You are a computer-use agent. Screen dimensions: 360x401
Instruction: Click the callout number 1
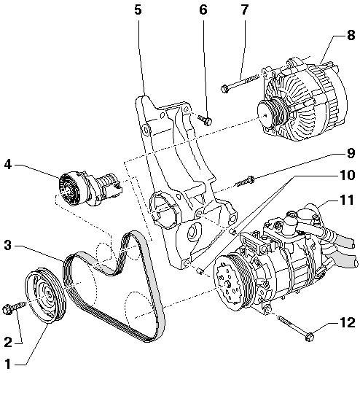tap(8, 364)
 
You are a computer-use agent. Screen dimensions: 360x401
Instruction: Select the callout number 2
tap(8, 342)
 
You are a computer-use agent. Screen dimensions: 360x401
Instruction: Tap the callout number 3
tap(8, 246)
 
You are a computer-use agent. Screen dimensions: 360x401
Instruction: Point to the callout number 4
tap(8, 165)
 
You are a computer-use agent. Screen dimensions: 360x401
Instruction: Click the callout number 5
tap(138, 9)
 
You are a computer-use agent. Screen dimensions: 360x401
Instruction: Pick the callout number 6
tap(203, 9)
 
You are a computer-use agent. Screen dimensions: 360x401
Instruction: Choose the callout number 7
tap(245, 9)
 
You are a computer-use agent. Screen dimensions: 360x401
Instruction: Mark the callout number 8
tap(351, 35)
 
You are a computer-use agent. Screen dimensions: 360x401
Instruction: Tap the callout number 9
tap(351, 153)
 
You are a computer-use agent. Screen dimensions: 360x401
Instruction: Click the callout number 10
tap(347, 175)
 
